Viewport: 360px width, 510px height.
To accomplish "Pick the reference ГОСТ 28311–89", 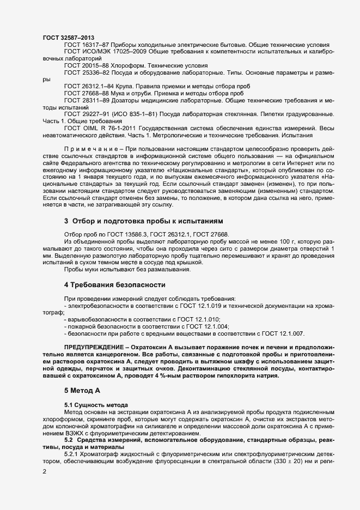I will click(87, 100).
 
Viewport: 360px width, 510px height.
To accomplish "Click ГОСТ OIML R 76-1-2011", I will click(100, 128).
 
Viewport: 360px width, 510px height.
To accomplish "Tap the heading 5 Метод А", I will click(83, 390).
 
